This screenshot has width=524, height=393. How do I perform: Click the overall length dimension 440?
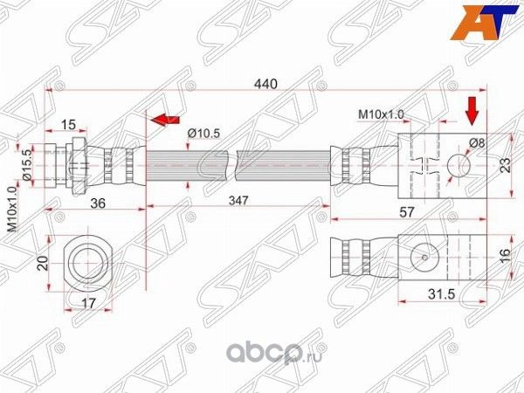click(265, 84)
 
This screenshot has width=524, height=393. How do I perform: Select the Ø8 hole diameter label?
click(478, 142)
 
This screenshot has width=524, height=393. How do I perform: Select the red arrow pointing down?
click(472, 111)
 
